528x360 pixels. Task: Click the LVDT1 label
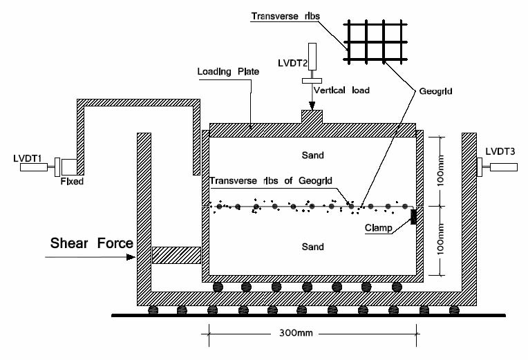point(27,158)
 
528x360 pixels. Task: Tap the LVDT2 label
point(290,62)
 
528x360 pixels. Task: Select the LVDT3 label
point(500,151)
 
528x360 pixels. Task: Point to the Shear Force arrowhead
point(133,256)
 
